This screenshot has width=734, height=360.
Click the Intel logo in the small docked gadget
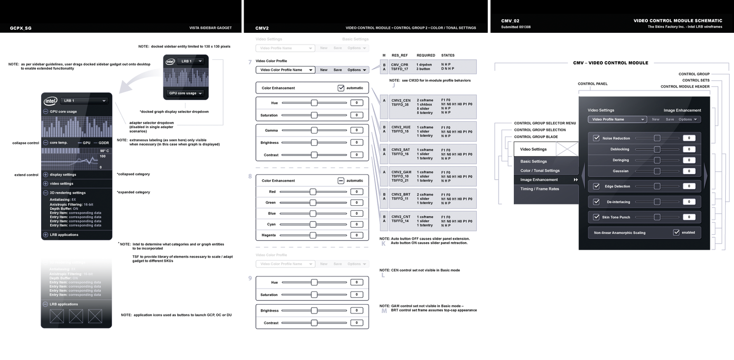pos(170,62)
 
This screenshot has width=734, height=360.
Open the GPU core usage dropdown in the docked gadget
pos(200,93)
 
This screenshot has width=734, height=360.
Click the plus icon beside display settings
pos(46,175)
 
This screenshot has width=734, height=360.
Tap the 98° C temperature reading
pos(104,151)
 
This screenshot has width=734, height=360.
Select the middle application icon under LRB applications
pos(76,316)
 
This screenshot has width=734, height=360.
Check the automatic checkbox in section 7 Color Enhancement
pos(341,88)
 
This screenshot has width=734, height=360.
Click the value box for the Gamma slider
pos(356,131)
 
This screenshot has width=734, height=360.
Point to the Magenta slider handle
pos(313,235)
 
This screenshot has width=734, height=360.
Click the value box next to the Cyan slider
pos(356,225)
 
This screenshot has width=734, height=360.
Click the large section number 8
pos(250,177)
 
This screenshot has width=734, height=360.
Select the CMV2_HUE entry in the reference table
pos(401,127)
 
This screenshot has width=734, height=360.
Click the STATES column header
pos(447,55)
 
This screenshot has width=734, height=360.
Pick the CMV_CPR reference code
pos(399,65)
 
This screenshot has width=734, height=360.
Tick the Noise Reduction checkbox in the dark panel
pos(596,138)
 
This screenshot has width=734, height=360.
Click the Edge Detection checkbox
pos(596,186)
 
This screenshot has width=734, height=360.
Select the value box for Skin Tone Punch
pos(689,217)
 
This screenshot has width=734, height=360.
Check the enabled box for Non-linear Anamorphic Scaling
pos(676,232)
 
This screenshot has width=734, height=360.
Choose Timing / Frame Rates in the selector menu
pos(540,189)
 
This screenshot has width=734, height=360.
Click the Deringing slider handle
pos(657,160)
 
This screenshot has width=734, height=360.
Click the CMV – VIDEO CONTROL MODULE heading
pos(611,63)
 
